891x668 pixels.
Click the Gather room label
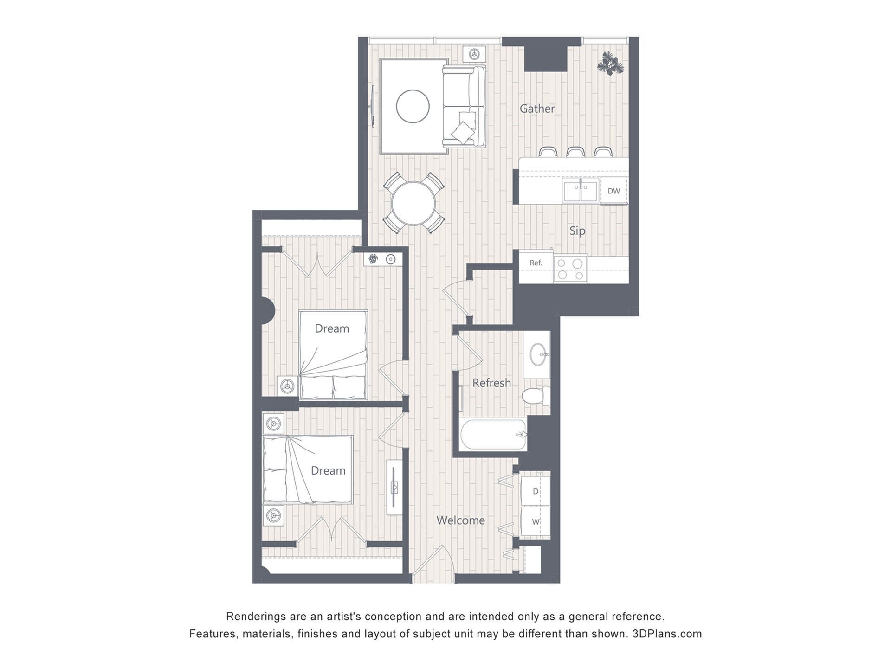tap(537, 109)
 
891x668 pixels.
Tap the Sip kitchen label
tap(577, 231)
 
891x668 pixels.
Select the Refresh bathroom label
tap(491, 383)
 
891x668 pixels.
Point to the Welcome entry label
tap(460, 520)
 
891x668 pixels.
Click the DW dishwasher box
tap(613, 191)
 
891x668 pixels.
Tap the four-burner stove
tap(570, 269)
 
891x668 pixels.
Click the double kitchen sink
tap(581, 190)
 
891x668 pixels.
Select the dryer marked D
tap(536, 491)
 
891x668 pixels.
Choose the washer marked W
tap(536, 521)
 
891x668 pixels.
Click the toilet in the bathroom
tap(536, 396)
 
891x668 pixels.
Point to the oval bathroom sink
tap(538, 354)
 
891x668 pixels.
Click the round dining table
tap(413, 203)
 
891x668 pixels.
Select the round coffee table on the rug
tap(413, 106)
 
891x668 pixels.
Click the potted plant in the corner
tap(610, 63)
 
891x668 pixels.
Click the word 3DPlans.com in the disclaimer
tap(667, 634)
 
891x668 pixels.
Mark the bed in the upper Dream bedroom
tap(333, 355)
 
